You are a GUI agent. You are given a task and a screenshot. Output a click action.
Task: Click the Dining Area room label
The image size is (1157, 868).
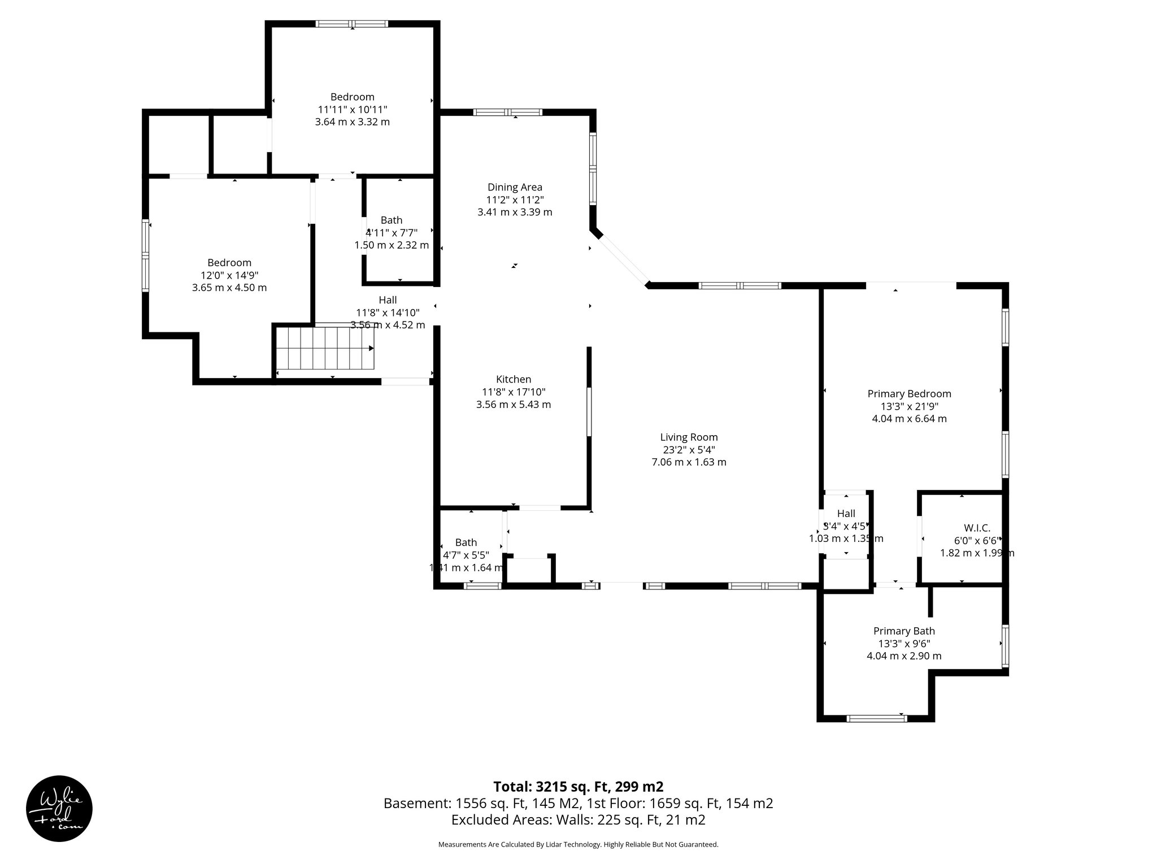pos(515,187)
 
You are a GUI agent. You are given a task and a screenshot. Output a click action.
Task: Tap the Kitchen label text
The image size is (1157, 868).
pos(514,379)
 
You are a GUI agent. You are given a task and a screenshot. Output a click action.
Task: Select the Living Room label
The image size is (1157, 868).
pos(689,437)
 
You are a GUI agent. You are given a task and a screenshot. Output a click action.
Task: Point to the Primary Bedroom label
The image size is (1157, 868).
pos(909,394)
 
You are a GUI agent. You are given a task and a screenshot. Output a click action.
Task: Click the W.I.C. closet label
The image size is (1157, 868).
pos(977,528)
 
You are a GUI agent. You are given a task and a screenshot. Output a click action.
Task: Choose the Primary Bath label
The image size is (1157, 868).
pos(904,631)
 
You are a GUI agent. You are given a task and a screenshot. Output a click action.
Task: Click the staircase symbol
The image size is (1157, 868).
pos(324,349)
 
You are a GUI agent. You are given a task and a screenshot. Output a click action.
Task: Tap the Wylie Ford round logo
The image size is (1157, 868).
pos(59,808)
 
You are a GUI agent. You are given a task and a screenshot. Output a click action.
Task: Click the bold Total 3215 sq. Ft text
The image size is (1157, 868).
pos(578,787)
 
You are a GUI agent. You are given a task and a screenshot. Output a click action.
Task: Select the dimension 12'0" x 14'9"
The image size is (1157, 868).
pos(229,275)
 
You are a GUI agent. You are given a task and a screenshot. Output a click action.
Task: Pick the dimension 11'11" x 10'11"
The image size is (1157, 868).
pos(352,110)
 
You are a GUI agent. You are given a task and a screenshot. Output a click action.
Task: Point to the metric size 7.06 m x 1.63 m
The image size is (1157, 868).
pos(689,462)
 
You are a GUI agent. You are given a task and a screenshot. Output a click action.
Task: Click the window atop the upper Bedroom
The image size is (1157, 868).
pos(352,24)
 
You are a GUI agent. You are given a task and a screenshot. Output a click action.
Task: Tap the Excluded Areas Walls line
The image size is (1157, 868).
pos(578,820)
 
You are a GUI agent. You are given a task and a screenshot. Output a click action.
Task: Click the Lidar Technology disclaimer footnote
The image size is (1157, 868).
pos(578,844)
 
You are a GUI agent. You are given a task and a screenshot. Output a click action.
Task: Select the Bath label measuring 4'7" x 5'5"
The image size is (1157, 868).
pos(466,542)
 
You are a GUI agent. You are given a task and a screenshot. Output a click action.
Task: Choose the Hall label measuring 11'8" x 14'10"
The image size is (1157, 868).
pos(388,300)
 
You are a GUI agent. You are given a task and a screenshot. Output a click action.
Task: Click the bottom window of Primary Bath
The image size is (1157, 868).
pos(877,718)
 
